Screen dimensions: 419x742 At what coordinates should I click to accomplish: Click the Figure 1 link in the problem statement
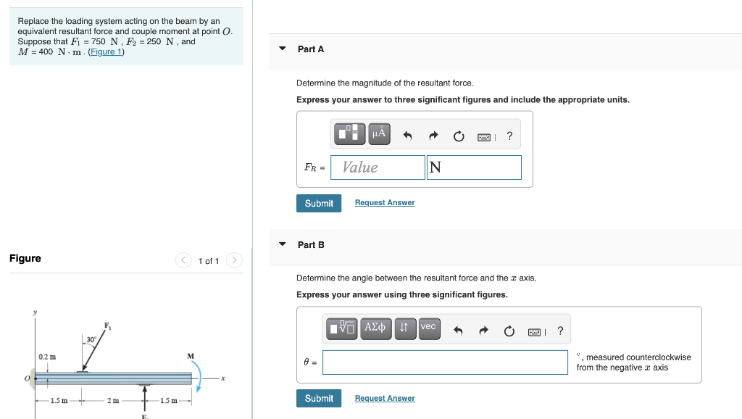pos(107,52)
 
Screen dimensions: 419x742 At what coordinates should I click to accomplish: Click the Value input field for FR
pos(378,167)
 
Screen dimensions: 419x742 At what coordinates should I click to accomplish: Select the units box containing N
pos(474,167)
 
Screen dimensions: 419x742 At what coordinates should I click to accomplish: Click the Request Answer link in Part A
pos(384,203)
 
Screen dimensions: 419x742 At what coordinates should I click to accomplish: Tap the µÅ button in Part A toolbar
pos(378,134)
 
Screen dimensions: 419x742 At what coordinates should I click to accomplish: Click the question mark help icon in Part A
pos(509,136)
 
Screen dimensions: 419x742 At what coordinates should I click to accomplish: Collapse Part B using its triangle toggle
pos(283,244)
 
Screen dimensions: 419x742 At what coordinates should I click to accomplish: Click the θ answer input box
pos(445,362)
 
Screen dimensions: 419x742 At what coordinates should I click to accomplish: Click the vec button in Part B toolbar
pos(428,327)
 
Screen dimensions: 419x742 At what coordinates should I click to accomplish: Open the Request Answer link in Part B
pos(384,398)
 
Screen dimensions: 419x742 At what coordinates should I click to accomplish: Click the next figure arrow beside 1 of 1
pos(234,260)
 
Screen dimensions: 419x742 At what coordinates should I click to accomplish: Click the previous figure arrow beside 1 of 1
pos(185,260)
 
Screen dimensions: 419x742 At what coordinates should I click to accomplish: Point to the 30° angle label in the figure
pos(91,339)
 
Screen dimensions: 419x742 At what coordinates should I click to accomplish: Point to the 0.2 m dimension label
pos(47,357)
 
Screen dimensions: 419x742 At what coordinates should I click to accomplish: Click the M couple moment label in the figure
pos(190,356)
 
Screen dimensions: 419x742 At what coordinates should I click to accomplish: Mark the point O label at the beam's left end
pos(28,378)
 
